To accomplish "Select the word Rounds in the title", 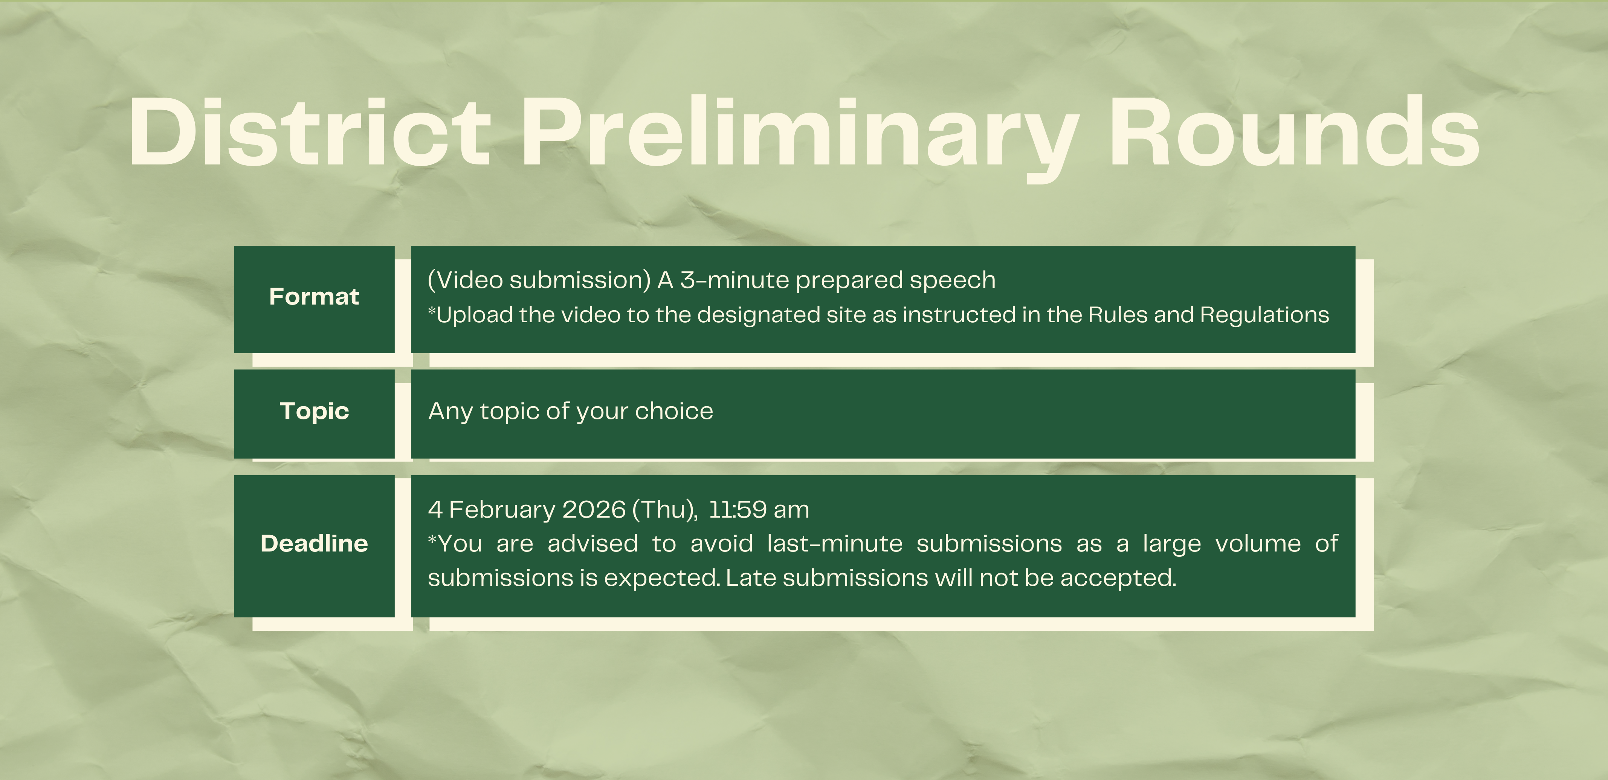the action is coord(1294,132).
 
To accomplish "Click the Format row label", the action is coord(314,296).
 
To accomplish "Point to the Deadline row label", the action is coord(314,544).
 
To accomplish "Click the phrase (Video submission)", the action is coord(539,280).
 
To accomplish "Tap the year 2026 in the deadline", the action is coord(594,510).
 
